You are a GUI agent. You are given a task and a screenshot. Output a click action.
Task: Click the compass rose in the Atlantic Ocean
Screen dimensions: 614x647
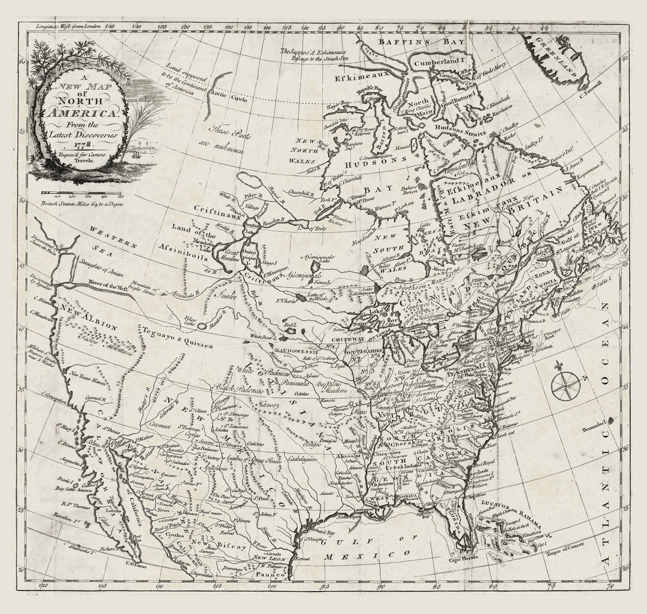click(566, 385)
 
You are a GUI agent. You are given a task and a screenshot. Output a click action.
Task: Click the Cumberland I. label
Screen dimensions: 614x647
click(439, 61)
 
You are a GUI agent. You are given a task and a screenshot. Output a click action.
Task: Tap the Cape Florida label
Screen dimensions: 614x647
click(464, 559)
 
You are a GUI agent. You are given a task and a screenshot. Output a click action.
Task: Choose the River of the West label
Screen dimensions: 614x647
click(107, 286)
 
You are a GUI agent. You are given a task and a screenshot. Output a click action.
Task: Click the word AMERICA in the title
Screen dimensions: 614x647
click(81, 113)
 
